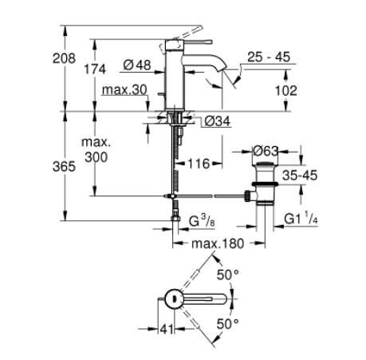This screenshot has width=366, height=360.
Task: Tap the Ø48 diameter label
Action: point(137,65)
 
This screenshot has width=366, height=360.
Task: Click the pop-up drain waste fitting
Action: point(264,183)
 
